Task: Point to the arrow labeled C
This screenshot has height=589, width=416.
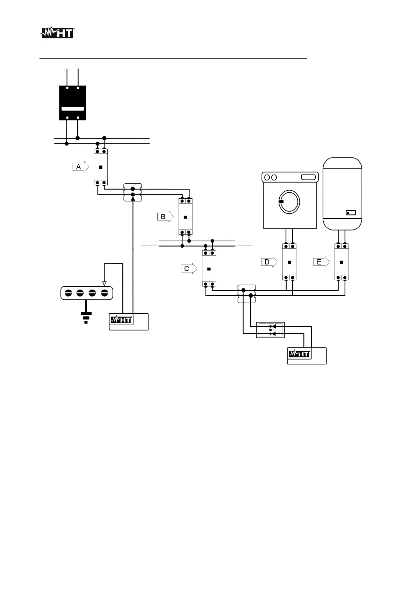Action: (189, 269)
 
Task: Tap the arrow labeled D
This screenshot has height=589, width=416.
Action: (269, 262)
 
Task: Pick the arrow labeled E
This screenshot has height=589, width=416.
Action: (321, 262)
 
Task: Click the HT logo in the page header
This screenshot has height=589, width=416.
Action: (57, 33)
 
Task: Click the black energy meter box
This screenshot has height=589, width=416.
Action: (72, 103)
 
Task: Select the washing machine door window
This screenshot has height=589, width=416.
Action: (289, 202)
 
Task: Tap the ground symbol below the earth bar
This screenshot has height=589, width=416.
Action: (86, 317)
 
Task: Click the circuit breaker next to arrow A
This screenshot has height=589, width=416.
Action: (101, 167)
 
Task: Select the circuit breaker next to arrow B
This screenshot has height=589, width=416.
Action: (185, 217)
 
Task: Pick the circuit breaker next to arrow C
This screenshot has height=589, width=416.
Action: (209, 269)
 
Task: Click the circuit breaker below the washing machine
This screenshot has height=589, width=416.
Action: (289, 262)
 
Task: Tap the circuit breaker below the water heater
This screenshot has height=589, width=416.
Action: (342, 262)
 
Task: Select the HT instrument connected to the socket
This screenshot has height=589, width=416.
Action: (307, 356)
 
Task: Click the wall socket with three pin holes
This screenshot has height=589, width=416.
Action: (271, 330)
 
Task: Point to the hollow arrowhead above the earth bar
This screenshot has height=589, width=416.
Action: (104, 284)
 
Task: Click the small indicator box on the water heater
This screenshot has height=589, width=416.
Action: (351, 213)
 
